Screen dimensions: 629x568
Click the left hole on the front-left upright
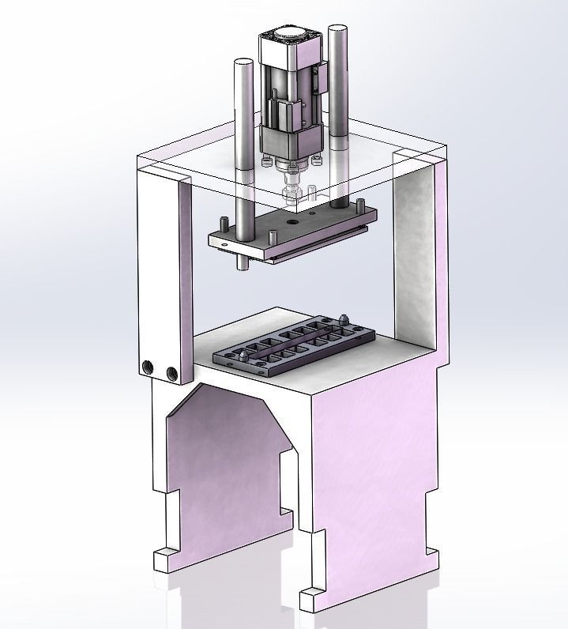(x=149, y=367)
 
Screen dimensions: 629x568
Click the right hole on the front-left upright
(x=170, y=372)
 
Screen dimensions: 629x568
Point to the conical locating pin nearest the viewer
(x=245, y=357)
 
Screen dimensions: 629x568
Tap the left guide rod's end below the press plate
(x=240, y=263)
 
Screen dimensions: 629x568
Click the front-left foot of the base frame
(x=164, y=559)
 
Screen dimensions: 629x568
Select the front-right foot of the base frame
(x=311, y=599)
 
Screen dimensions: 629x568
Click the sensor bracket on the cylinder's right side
(x=319, y=79)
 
